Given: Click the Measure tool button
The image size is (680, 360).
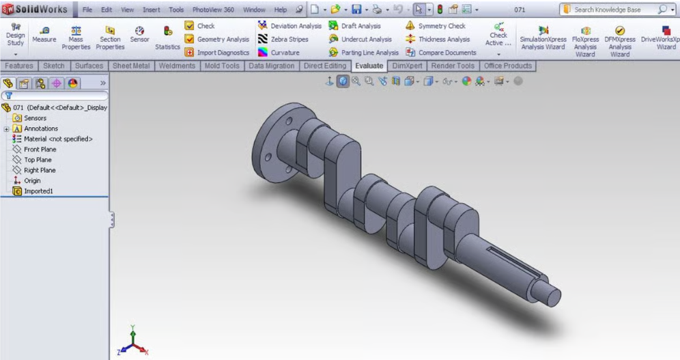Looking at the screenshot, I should coord(44,34).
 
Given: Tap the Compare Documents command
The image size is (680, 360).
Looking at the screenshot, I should coord(441,53).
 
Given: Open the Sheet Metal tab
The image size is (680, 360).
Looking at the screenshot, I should coord(131,66).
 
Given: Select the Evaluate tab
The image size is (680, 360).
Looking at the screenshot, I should coord(369,66).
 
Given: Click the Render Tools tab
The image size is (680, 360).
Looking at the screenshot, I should coord(453,66).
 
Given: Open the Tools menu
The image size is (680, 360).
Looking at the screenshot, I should coord(176,10).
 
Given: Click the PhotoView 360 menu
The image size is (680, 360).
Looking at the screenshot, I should coord(213,10).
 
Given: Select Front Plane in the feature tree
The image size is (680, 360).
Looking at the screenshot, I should coord(40,150).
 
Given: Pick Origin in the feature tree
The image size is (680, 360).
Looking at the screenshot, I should coord(32,181).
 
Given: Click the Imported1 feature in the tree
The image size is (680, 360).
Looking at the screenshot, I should coord(38,191).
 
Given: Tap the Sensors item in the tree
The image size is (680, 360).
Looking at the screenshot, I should coord(35,118).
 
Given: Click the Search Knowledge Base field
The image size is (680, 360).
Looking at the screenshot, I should coord(612,10).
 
